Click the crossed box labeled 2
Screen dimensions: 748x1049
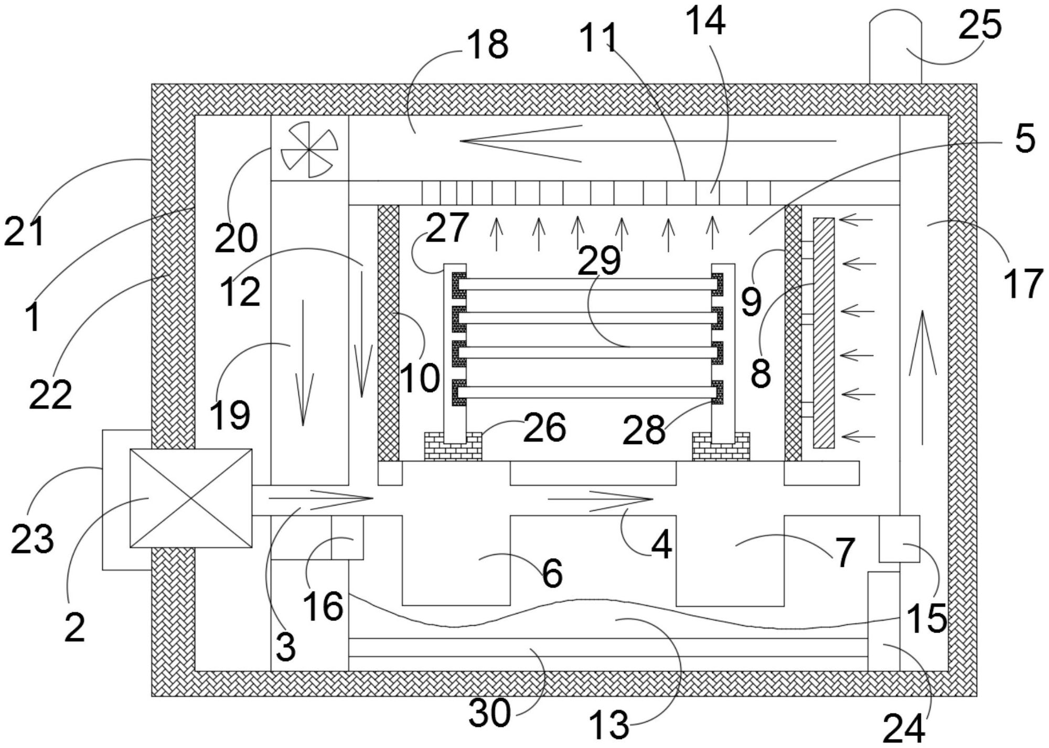click(x=191, y=498)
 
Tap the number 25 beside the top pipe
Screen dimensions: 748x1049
click(x=980, y=25)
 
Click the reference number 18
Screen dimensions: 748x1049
click(x=488, y=44)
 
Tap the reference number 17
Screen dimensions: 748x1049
click(x=1023, y=283)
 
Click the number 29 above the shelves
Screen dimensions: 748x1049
click(x=599, y=260)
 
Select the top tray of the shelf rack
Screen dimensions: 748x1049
click(x=587, y=284)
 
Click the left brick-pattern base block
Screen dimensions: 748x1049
click(x=452, y=446)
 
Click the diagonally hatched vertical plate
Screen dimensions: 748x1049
click(x=823, y=333)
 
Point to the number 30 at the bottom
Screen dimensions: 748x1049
click(x=489, y=713)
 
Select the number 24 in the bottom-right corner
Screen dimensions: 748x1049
click(x=903, y=729)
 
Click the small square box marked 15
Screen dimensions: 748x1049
click(x=899, y=539)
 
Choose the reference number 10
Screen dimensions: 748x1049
click(x=420, y=378)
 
